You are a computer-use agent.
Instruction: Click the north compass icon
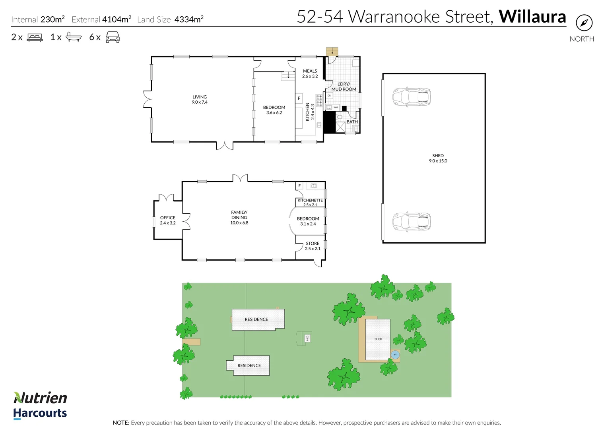(584, 23)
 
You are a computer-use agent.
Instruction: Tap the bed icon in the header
(35, 37)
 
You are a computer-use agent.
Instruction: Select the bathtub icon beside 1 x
(74, 37)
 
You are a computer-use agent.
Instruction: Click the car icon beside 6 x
(113, 37)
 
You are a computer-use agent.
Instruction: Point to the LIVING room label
(200, 99)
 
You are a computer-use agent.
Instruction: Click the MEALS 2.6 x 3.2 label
(310, 73)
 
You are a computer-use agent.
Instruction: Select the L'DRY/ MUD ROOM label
(344, 87)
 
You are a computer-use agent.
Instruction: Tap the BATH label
(352, 122)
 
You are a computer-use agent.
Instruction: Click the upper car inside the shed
(412, 97)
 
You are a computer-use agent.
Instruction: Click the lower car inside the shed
(412, 222)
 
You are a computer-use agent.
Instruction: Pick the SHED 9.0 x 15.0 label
(438, 158)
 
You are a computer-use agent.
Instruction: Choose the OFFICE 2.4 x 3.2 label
(167, 220)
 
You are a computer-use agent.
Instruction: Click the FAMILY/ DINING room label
(239, 217)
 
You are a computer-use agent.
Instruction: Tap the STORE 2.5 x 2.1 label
(313, 246)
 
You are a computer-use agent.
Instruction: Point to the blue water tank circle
(395, 355)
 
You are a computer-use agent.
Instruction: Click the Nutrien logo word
(40, 398)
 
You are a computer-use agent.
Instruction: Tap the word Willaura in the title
(532, 17)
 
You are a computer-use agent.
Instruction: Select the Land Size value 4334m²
(189, 19)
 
